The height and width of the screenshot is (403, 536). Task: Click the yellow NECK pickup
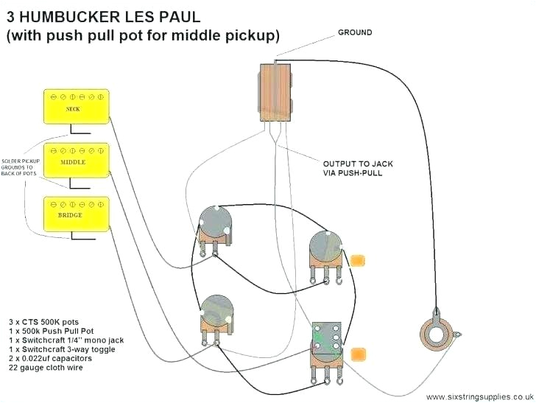[x=73, y=106]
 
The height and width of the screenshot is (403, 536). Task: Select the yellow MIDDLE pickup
[x=73, y=160]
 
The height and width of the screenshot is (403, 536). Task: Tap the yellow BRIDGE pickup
[x=73, y=214]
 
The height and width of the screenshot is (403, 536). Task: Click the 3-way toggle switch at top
[x=276, y=91]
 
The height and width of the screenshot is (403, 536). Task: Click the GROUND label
[x=355, y=32]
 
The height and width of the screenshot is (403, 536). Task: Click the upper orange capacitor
[x=359, y=259]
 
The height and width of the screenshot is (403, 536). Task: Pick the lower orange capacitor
[x=359, y=355]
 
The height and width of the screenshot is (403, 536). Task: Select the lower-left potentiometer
[x=213, y=312]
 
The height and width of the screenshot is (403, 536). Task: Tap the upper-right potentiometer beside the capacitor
[x=325, y=250]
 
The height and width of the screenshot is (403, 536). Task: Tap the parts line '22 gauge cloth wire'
[x=46, y=368]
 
